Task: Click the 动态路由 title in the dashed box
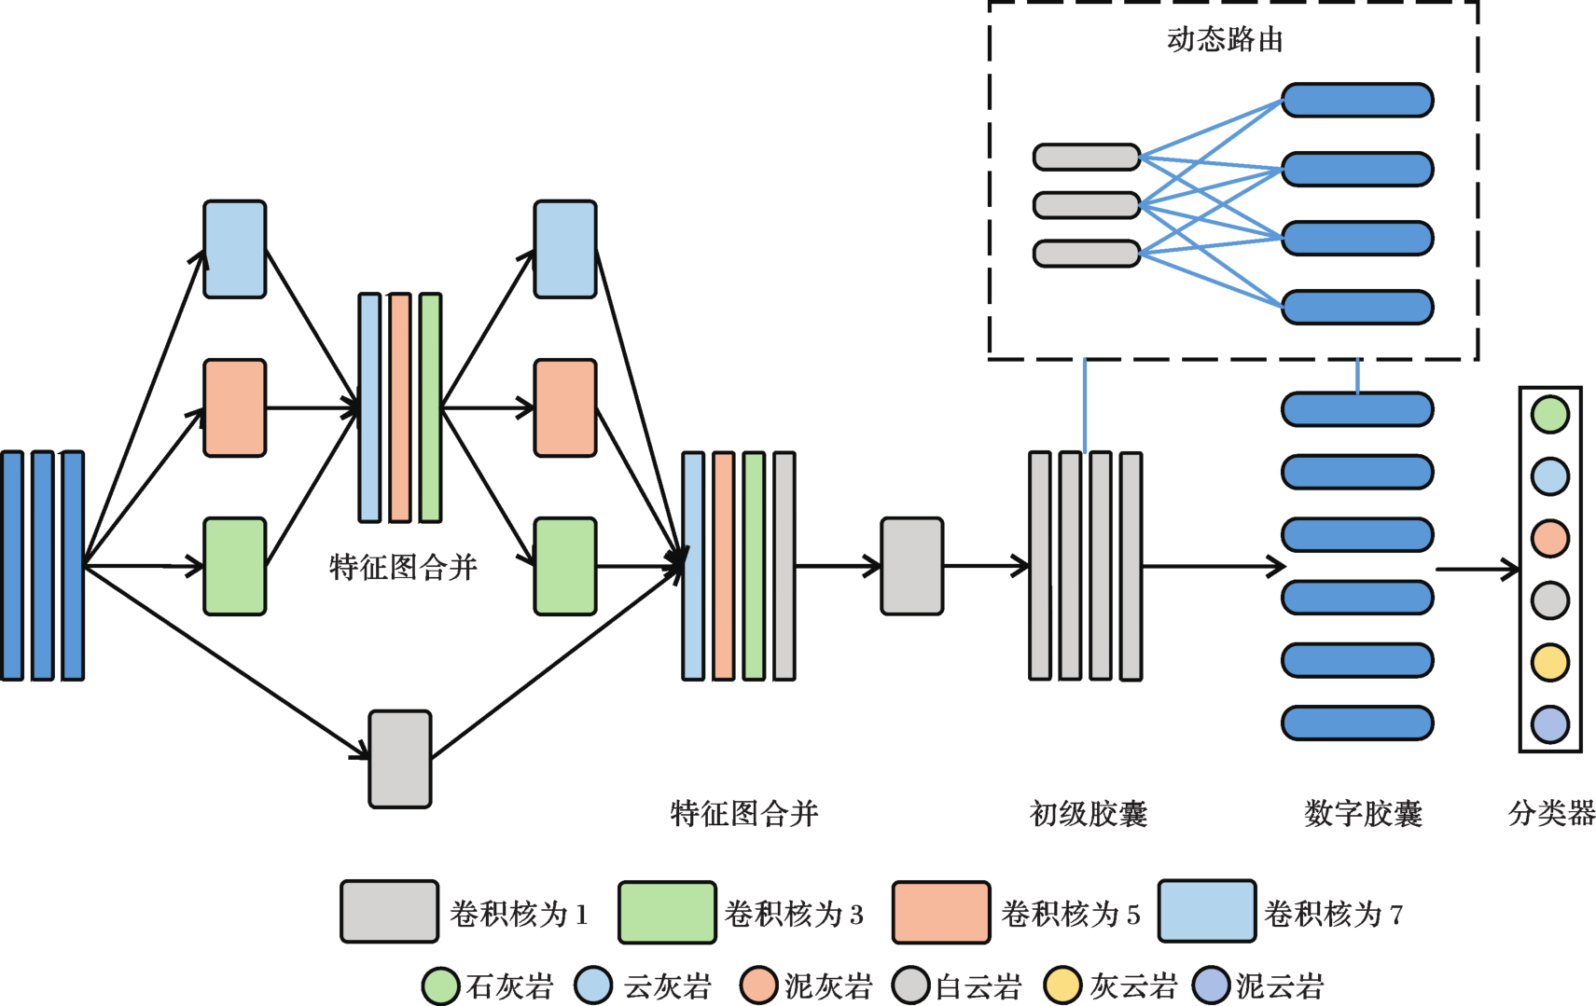click(x=1225, y=39)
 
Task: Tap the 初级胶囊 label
click(x=1088, y=814)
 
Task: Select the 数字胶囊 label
click(x=1363, y=814)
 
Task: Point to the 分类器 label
click(x=1551, y=813)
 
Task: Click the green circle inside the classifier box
click(x=1550, y=415)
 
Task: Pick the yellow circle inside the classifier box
click(x=1550, y=662)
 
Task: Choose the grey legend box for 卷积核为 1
click(x=389, y=911)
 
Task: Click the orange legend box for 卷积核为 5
click(x=940, y=912)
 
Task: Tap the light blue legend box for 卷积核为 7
click(x=1206, y=911)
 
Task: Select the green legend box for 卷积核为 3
click(x=667, y=912)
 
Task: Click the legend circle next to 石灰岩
click(x=440, y=985)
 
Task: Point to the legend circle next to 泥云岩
click(x=1212, y=985)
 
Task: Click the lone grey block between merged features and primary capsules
click(x=911, y=566)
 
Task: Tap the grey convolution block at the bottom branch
click(x=400, y=759)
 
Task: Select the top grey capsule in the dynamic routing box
click(x=1087, y=157)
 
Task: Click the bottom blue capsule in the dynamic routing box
click(x=1357, y=307)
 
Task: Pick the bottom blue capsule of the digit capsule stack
click(x=1357, y=723)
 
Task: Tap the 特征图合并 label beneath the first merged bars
click(x=403, y=567)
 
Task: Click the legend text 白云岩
click(x=978, y=986)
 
